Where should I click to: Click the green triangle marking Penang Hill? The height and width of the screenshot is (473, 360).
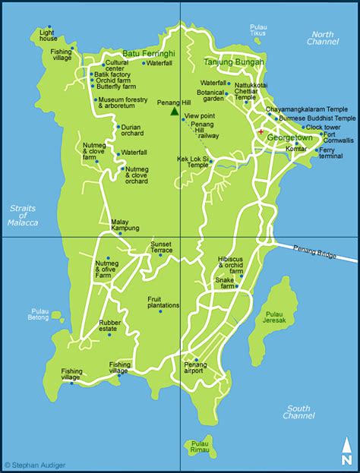[175, 112]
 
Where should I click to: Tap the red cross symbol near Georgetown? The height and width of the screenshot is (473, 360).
[261, 132]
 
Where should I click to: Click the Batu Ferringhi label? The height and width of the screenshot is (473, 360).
[148, 52]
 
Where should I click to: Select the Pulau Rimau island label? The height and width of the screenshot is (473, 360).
[200, 447]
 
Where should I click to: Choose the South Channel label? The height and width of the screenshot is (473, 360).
[298, 412]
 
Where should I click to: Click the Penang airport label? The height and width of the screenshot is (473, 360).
[195, 369]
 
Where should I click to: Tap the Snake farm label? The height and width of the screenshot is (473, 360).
[225, 280]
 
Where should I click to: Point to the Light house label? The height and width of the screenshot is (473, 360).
[48, 35]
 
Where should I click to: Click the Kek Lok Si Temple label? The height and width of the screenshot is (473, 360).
[193, 162]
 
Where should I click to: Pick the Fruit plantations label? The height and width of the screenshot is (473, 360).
[159, 302]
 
